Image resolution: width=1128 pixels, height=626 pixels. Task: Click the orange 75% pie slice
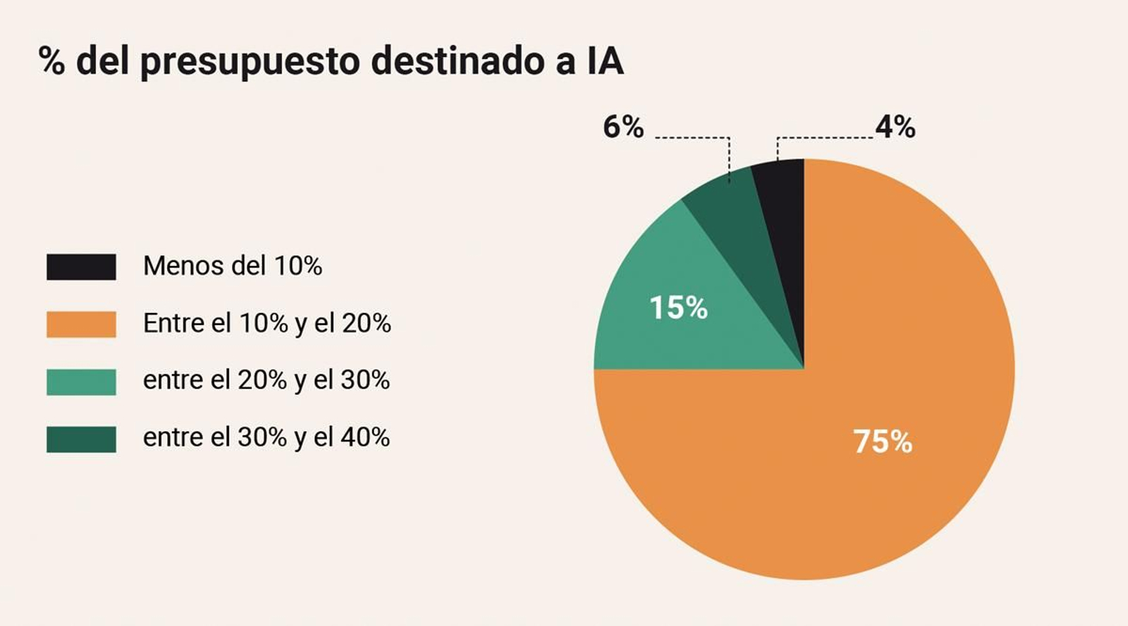coord(881,395)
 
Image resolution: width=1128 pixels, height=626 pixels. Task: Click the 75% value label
coord(883,442)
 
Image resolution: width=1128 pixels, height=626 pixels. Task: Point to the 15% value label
coord(678,308)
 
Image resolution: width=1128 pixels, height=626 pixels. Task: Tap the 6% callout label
coord(623,128)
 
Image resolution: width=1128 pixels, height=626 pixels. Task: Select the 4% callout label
coord(895,128)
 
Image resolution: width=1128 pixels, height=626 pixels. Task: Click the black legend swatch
coord(81,267)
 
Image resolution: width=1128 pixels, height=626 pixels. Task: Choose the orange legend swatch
coord(81,324)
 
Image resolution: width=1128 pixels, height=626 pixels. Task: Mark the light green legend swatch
coord(81,381)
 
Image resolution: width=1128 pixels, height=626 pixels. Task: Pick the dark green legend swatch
coord(81,438)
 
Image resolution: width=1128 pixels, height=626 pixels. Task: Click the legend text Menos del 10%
coord(233,266)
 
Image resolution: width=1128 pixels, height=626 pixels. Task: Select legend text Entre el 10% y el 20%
coord(266,324)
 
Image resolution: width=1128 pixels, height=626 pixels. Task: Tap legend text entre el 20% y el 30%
coord(266,381)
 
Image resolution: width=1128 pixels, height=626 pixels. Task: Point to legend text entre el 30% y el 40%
coord(266,438)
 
